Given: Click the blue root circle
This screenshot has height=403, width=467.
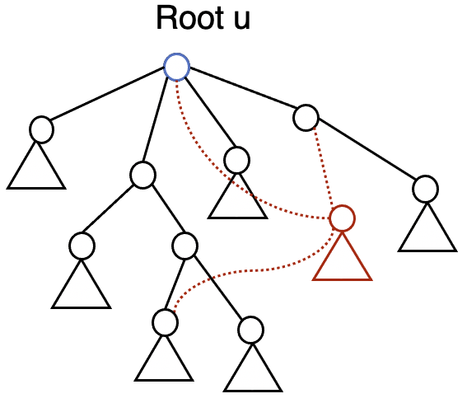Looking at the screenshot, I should point(176,67).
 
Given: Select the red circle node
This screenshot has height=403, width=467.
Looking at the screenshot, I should point(342,218).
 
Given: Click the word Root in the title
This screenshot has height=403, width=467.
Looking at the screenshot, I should point(187,18).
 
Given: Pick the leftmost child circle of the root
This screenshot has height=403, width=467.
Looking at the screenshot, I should point(41,129).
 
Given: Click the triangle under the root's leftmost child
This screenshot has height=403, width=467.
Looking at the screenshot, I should point(36,170).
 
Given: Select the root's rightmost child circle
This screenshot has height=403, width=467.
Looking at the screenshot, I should point(306,118).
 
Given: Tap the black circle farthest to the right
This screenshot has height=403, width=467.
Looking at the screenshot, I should point(425,189).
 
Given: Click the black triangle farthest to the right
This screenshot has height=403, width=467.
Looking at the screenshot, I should point(427,231).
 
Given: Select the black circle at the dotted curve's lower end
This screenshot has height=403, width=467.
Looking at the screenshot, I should point(165,322).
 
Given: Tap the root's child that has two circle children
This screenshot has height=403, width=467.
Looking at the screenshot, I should point(142,175).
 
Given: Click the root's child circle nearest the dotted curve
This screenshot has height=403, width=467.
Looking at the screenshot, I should point(236,160).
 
